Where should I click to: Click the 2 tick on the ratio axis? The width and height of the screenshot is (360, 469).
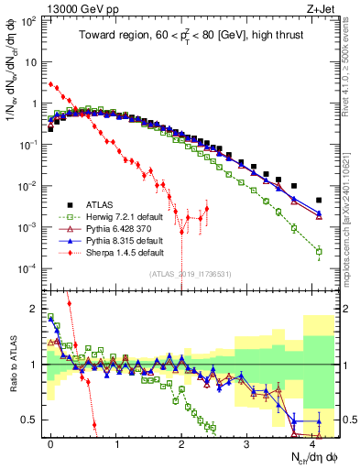coord(33,309)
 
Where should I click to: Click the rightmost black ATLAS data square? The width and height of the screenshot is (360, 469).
coord(319,200)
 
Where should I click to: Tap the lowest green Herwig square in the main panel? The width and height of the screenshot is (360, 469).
coord(319,251)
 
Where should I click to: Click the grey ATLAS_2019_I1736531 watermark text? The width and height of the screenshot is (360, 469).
coord(183,272)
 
